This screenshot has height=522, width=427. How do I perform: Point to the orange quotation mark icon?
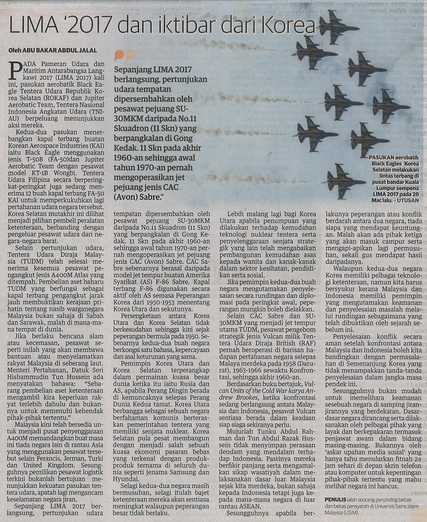(x=125, y=55)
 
